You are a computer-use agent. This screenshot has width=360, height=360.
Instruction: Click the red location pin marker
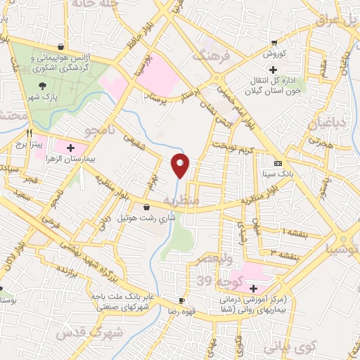coord(181,165)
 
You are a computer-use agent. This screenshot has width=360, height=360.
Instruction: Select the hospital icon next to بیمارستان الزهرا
coord(71,148)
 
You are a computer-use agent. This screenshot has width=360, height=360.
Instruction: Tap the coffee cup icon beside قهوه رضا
coord(181,300)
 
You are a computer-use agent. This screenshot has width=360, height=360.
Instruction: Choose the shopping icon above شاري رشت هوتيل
coord(146,207)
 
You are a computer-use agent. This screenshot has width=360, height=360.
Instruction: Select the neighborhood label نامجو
coord(99,131)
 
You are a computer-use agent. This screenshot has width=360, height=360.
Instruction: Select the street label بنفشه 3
coord(288,252)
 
